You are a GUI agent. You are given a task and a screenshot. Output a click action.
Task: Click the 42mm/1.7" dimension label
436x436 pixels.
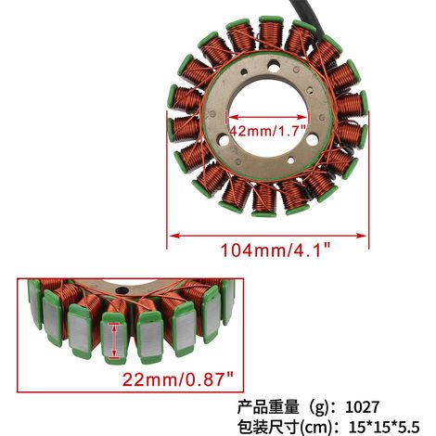268,131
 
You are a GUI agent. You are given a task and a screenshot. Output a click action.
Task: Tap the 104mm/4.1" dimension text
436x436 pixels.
276,250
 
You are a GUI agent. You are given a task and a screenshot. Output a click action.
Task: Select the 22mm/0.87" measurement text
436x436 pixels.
178,378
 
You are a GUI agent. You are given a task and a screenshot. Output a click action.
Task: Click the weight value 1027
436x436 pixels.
362,406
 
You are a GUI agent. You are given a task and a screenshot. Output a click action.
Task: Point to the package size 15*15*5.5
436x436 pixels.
384,428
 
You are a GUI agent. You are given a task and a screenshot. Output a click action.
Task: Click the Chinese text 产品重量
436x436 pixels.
268,407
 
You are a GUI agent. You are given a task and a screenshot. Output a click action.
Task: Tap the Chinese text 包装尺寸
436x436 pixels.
268,428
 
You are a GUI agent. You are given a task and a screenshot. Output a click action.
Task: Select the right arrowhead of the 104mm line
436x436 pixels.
361,236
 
